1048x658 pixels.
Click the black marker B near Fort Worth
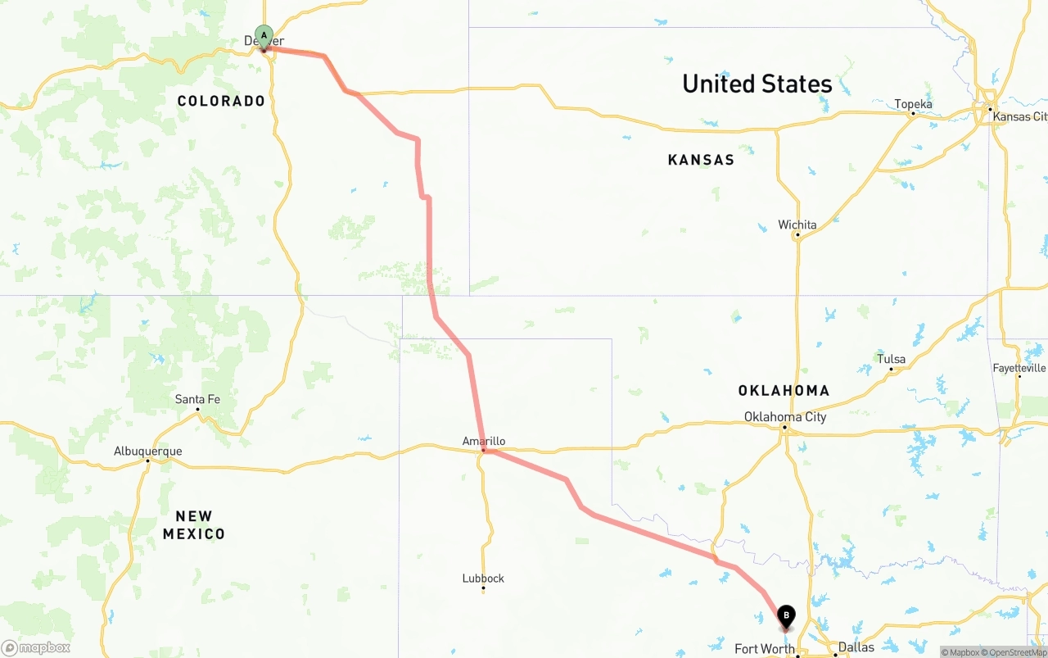(x=786, y=615)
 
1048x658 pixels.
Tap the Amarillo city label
(x=484, y=441)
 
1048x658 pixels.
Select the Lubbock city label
(x=483, y=578)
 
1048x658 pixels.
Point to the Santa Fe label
(x=197, y=399)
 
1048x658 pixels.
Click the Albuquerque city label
(x=148, y=452)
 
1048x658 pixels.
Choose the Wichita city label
(x=797, y=225)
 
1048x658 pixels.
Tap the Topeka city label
(x=913, y=104)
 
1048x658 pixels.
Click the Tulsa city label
(x=892, y=359)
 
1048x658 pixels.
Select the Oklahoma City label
(x=785, y=416)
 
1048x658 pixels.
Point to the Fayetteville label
(x=1019, y=368)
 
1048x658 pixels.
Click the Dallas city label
(x=856, y=647)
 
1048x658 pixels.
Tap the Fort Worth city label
(x=765, y=649)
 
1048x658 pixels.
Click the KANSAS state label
(x=701, y=160)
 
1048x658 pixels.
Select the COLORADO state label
(x=221, y=101)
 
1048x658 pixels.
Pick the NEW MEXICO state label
(x=194, y=525)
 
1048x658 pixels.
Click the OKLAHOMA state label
(x=784, y=390)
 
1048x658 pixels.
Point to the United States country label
(x=757, y=84)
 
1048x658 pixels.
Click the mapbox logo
(x=36, y=647)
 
